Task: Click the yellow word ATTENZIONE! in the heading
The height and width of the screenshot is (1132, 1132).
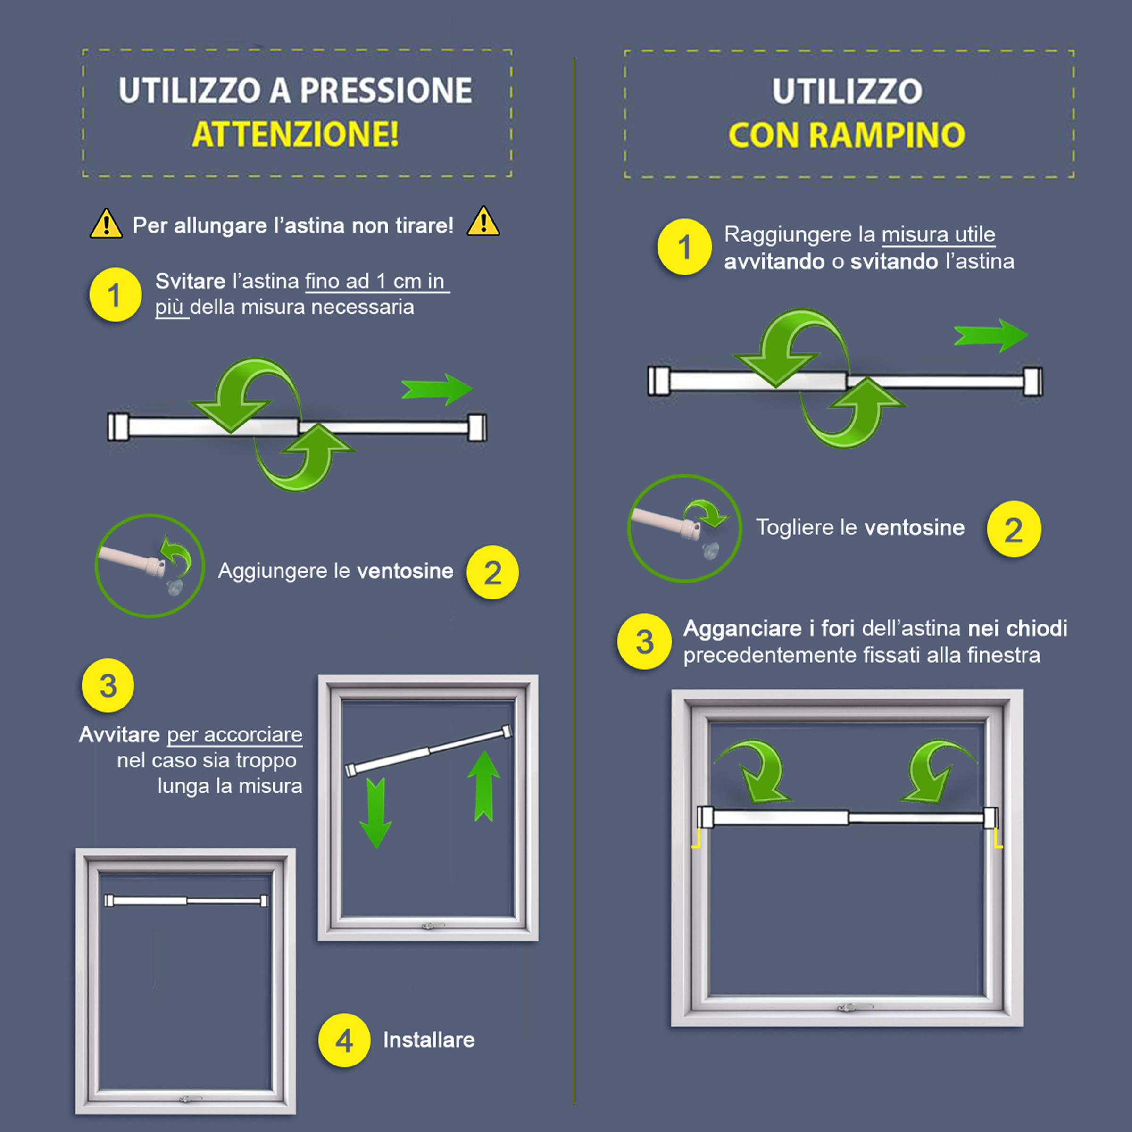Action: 296,134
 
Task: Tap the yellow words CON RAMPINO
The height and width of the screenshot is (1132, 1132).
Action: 847,135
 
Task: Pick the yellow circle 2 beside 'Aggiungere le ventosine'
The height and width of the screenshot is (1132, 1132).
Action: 493,573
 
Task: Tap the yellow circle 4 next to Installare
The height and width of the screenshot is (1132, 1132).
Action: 344,1040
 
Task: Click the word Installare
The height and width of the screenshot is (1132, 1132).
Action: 429,1040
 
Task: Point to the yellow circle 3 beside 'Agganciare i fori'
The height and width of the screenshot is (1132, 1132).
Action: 644,641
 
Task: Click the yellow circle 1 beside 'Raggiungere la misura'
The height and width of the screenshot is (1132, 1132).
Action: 685,247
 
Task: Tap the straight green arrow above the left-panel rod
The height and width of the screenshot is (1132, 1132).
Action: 437,389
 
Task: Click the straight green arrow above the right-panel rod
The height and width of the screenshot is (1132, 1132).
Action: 991,336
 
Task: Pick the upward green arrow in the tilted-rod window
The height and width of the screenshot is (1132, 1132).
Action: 484,785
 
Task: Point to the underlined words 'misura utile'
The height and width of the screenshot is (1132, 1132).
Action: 939,234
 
